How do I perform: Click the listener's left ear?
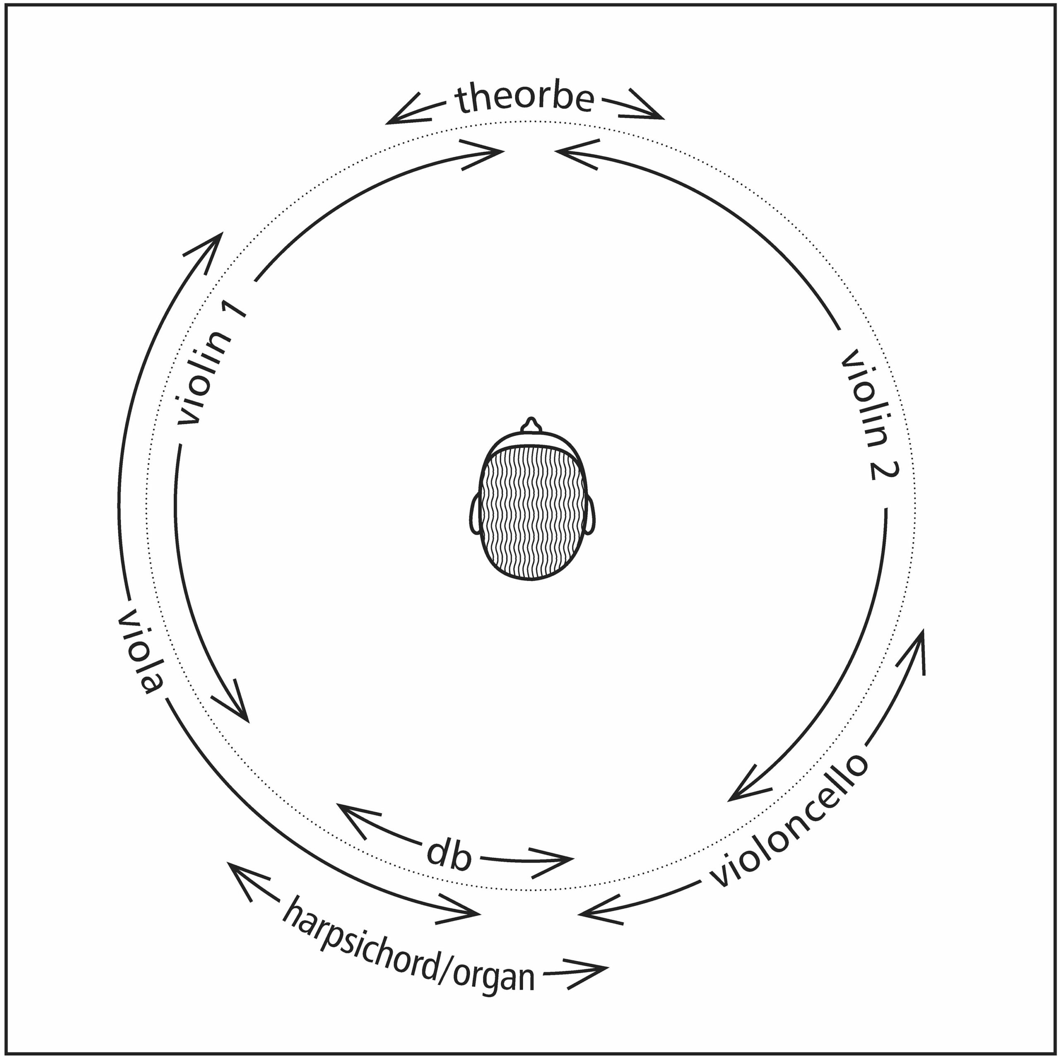(x=475, y=513)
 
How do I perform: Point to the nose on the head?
(x=530, y=425)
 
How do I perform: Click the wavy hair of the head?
(x=530, y=513)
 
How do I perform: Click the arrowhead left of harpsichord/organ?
(x=247, y=881)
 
